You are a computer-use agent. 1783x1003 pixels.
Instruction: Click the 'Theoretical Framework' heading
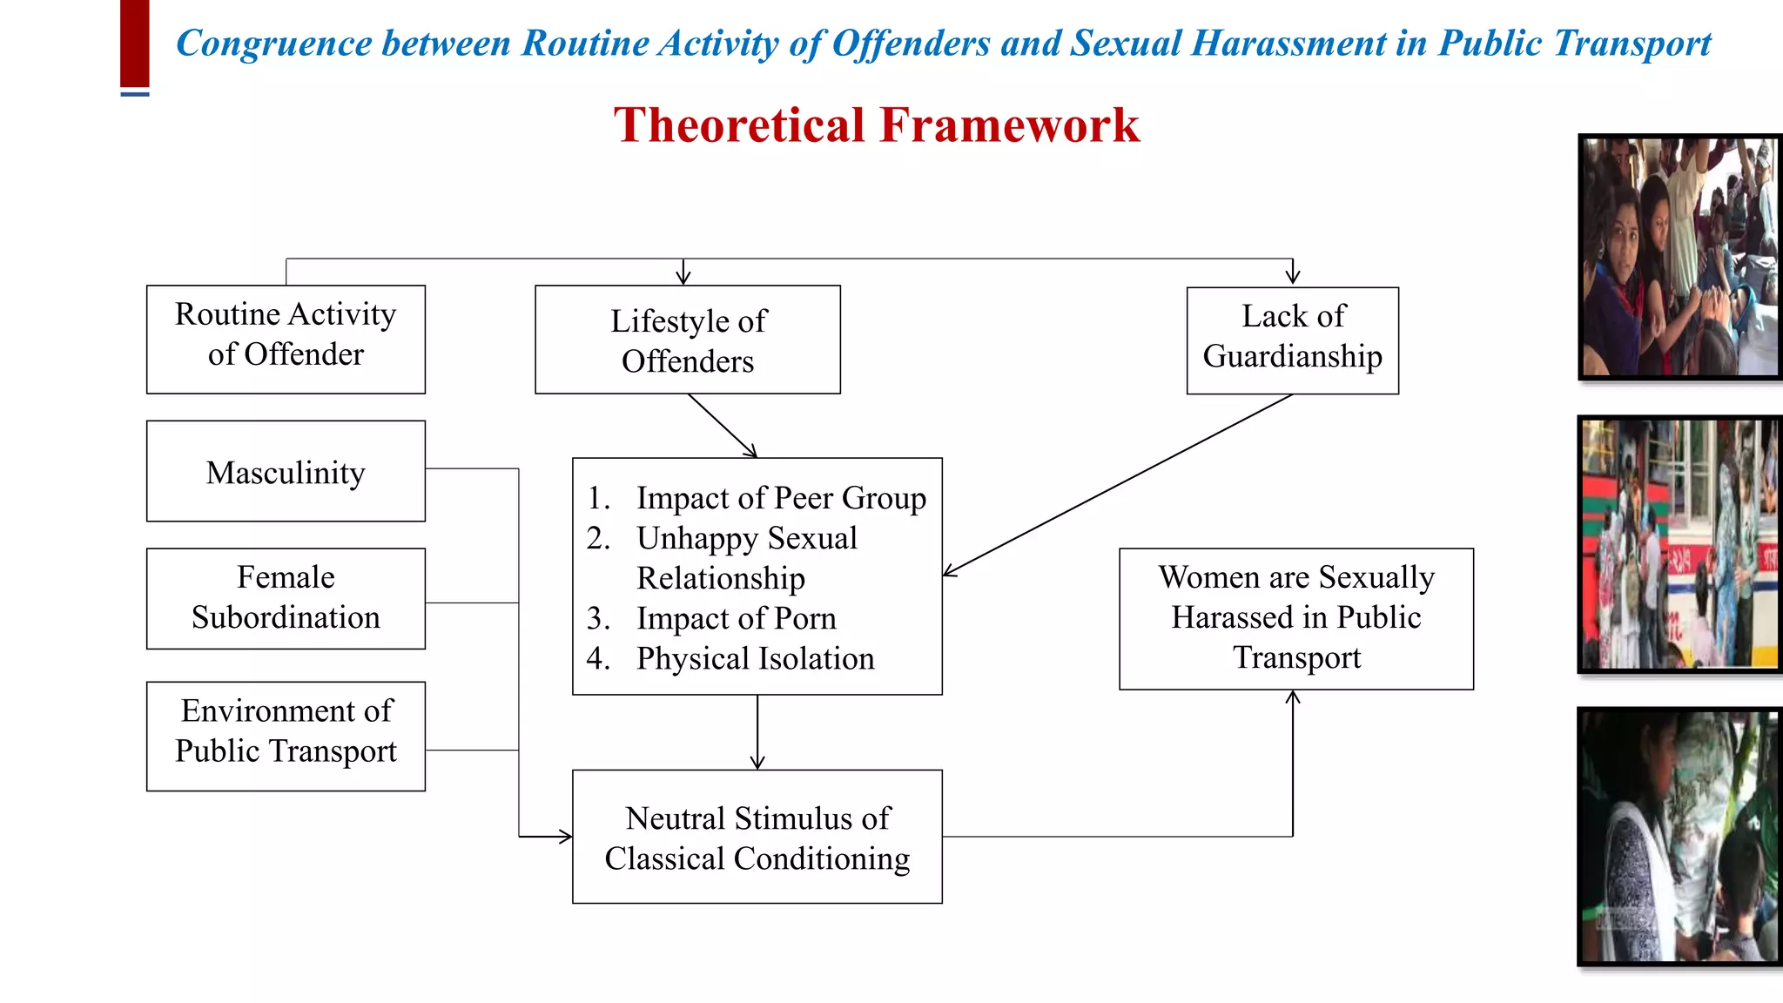tap(876, 125)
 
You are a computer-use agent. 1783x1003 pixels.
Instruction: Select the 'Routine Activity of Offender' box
tap(286, 339)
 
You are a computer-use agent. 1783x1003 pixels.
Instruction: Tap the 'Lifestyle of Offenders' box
tap(688, 340)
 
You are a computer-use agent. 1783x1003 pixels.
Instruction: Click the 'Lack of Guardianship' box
tap(1293, 340)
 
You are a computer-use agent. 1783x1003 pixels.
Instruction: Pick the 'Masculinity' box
tap(286, 471)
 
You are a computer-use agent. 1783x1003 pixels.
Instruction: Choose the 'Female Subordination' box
tap(286, 598)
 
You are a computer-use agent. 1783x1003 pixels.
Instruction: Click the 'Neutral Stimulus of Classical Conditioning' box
tap(757, 837)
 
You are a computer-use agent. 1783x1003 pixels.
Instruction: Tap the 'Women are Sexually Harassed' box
tap(1296, 618)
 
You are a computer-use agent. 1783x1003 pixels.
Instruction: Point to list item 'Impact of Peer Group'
tap(781, 498)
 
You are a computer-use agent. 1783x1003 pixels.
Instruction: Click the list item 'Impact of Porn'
tap(736, 618)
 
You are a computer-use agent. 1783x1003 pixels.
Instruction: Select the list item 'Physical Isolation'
tap(755, 658)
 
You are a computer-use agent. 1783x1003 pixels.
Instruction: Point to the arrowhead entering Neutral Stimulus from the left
tap(565, 837)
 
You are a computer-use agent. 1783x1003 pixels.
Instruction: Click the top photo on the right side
tap(1679, 257)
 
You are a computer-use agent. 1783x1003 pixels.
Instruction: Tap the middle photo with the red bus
tap(1679, 544)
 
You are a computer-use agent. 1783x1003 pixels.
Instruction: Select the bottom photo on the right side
tap(1679, 836)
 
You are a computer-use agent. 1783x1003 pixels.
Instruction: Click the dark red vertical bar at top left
tap(135, 44)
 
